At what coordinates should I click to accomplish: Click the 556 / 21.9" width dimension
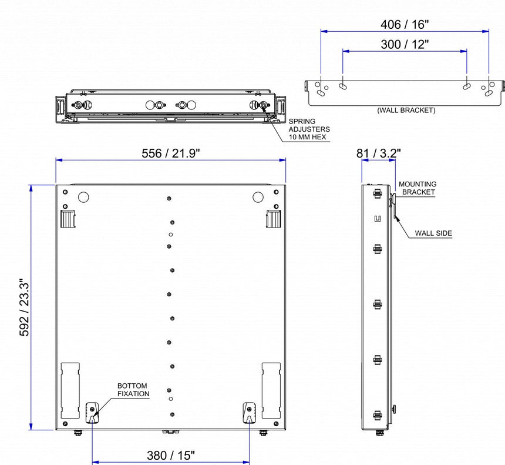coord(170,153)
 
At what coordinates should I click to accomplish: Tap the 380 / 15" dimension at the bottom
coord(170,454)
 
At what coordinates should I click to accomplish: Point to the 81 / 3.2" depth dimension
coord(379,153)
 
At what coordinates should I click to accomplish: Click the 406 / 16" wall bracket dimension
coord(404,24)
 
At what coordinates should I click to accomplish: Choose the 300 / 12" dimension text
coord(404,44)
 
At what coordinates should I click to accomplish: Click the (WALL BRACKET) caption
coord(406,110)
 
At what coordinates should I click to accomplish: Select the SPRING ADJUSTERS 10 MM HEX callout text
coord(309,129)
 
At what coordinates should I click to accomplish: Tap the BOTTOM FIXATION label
coord(133,389)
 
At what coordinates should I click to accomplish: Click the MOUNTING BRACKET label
coord(417,188)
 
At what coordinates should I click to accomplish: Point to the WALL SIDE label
coord(433,233)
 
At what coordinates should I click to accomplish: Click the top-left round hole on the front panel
coord(83,197)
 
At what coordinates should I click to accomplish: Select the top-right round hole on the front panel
coord(258,197)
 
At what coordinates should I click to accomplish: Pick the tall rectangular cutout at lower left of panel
coord(70,390)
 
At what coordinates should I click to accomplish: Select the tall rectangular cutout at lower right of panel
coord(271,390)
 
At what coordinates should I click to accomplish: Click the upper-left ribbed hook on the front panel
coord(68,218)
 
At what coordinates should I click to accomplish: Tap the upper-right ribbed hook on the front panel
coord(272,218)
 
